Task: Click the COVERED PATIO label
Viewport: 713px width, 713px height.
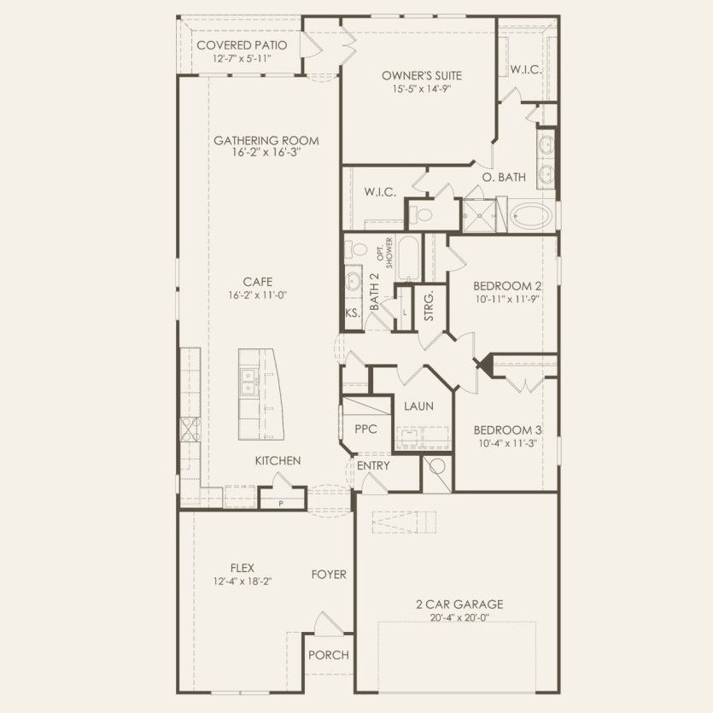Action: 242,45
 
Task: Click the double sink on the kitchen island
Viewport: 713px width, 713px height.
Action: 249,383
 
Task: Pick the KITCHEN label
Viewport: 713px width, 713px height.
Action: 278,461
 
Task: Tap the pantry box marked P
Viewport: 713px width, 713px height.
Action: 280,503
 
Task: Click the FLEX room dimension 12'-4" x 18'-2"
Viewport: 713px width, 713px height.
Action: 243,582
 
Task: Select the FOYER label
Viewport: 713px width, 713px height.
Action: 329,575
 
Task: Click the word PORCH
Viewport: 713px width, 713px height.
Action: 329,655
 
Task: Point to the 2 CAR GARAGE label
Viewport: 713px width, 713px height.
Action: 459,605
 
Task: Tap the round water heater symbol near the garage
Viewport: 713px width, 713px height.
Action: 437,467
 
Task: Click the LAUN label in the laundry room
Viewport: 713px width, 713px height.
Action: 418,406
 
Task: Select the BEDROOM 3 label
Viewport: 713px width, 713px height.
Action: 507,430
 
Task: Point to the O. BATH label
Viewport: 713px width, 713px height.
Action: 504,178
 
